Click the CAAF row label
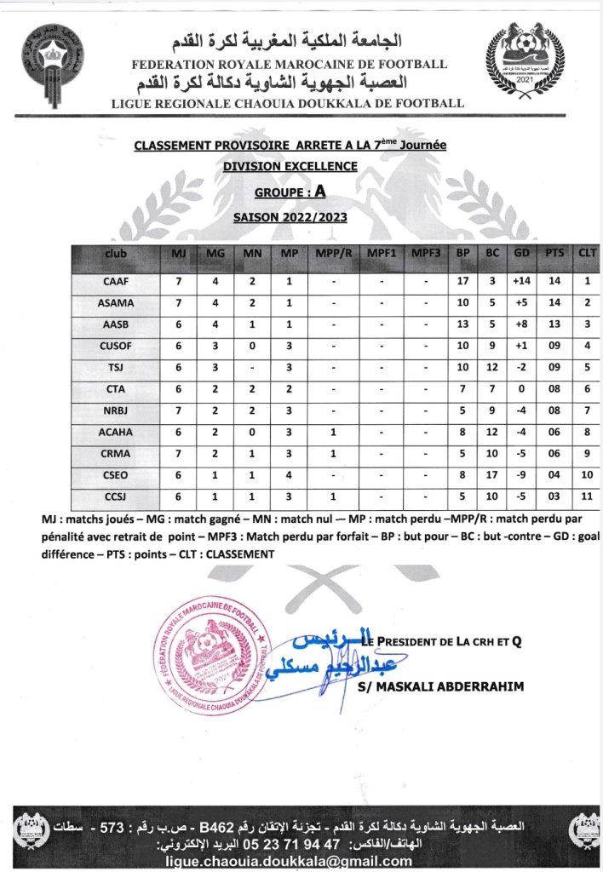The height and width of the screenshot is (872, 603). (x=116, y=280)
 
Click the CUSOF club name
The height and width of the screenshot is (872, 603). (x=116, y=345)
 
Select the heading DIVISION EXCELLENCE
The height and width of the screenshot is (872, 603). (x=290, y=167)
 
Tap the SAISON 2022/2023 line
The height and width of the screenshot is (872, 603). (x=290, y=217)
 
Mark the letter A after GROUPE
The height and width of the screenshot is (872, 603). (x=319, y=192)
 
